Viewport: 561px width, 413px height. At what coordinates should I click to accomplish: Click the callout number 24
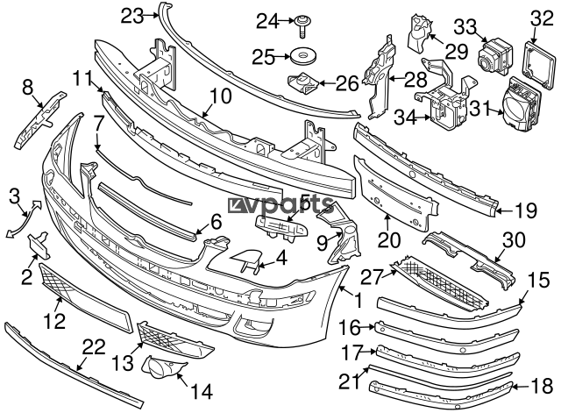(x=267, y=22)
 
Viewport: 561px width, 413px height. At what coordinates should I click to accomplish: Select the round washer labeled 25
(x=303, y=57)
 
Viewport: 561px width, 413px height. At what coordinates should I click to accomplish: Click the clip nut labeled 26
(x=303, y=83)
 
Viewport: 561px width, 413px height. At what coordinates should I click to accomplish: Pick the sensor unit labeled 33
(x=495, y=57)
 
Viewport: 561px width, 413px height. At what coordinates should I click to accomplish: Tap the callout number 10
(x=220, y=96)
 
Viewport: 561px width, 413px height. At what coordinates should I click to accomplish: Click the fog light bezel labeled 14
(x=163, y=367)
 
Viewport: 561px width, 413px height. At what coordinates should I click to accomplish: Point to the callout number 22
(x=94, y=346)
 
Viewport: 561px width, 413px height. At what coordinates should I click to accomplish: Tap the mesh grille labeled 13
(x=174, y=339)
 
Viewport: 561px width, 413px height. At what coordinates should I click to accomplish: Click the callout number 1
(x=358, y=300)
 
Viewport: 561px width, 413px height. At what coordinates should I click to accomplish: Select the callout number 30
(x=515, y=240)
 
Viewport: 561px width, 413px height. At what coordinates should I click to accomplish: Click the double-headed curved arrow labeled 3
(x=24, y=220)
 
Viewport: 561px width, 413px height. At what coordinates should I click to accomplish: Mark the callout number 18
(x=542, y=387)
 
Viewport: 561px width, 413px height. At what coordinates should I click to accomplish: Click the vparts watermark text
(x=280, y=204)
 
